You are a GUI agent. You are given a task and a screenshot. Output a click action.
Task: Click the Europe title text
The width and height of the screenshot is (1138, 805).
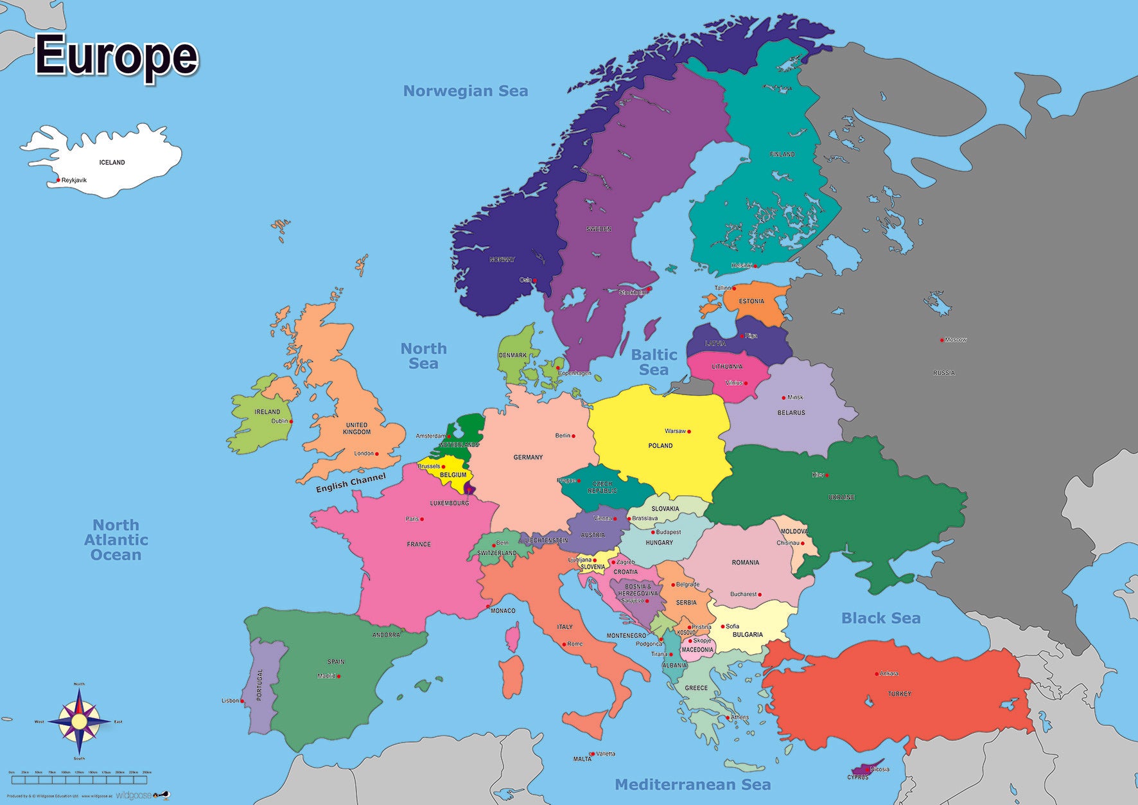pos(116,57)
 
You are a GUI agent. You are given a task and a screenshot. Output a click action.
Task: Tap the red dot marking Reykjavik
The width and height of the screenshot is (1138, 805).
pos(58,180)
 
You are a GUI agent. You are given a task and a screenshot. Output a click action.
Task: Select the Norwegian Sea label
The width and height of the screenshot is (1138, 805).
pos(465,91)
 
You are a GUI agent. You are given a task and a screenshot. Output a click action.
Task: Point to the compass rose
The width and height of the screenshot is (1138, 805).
pos(79,721)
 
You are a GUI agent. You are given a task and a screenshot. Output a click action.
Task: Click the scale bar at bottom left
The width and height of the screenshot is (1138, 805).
pos(79,779)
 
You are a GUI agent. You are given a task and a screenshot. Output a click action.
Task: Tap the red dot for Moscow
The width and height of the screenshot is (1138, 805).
pos(942,340)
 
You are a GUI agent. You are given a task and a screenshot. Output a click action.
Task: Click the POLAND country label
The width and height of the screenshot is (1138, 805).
pos(660,445)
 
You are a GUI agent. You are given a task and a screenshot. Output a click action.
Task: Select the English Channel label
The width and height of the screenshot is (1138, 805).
pos(351,482)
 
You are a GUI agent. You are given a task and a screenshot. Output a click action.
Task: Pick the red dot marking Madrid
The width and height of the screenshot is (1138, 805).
pos(339,676)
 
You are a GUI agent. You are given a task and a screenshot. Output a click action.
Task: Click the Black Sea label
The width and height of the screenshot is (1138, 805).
pos(880,618)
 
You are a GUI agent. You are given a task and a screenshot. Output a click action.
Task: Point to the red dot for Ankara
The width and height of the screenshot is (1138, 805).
pos(877,674)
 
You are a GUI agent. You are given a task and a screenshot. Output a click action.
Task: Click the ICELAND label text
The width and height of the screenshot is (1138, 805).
pos(112,163)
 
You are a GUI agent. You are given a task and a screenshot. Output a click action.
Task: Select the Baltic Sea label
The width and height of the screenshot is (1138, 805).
pos(654,362)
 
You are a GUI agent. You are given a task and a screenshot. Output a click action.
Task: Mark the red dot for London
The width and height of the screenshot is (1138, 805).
pos(377,454)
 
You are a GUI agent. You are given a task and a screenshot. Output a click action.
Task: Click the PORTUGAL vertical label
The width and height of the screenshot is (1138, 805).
pos(260,685)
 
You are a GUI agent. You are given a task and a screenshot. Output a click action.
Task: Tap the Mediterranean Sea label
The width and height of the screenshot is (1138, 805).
pos(692,784)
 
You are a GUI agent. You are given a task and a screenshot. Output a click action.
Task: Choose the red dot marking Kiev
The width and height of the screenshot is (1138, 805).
pos(827,475)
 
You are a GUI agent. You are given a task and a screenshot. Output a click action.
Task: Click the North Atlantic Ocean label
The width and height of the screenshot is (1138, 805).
pos(116,540)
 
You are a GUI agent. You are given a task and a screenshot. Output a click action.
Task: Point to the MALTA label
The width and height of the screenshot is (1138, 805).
pos(582,759)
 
